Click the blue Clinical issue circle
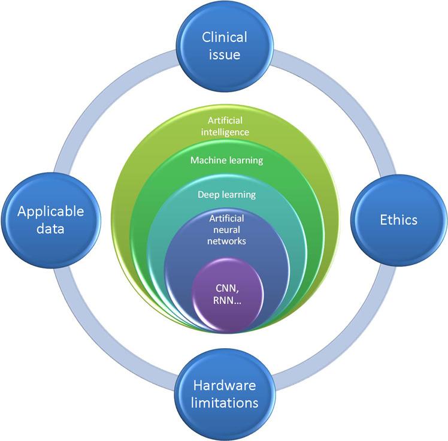tap(223, 47)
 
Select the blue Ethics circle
tap(399, 220)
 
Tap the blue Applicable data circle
tap(50, 220)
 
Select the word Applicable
tap(50, 211)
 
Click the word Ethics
tap(399, 220)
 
